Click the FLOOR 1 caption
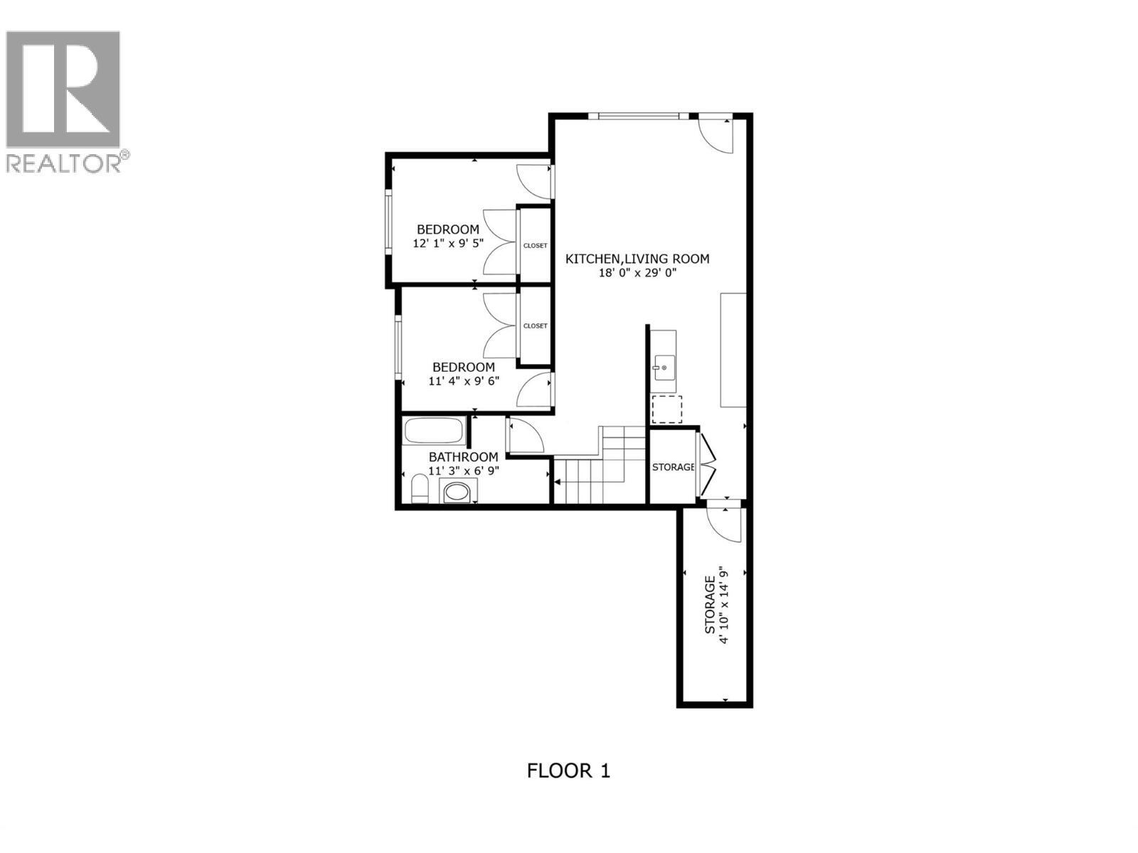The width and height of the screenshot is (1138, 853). pyautogui.click(x=568, y=771)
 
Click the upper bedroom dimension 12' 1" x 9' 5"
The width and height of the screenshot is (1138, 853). pyautogui.click(x=447, y=243)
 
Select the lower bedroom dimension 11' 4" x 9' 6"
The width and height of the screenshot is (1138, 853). pyautogui.click(x=464, y=380)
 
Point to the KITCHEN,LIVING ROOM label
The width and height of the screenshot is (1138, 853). pyautogui.click(x=637, y=259)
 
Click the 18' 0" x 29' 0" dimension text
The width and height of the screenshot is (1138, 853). pyautogui.click(x=637, y=272)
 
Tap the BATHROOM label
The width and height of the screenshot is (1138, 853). pyautogui.click(x=463, y=457)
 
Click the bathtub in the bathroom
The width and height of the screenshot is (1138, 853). pyautogui.click(x=433, y=431)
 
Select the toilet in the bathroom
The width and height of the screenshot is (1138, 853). pyautogui.click(x=420, y=489)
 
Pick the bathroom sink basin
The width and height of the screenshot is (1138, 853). pyautogui.click(x=457, y=492)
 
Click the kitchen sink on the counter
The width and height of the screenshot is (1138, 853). pyautogui.click(x=661, y=368)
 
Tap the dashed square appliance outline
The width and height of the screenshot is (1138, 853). pyautogui.click(x=666, y=409)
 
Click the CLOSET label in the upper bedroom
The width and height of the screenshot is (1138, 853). pyautogui.click(x=535, y=245)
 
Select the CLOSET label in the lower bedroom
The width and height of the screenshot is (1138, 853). pyautogui.click(x=535, y=326)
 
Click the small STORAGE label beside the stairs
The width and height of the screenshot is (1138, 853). pyautogui.click(x=673, y=467)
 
